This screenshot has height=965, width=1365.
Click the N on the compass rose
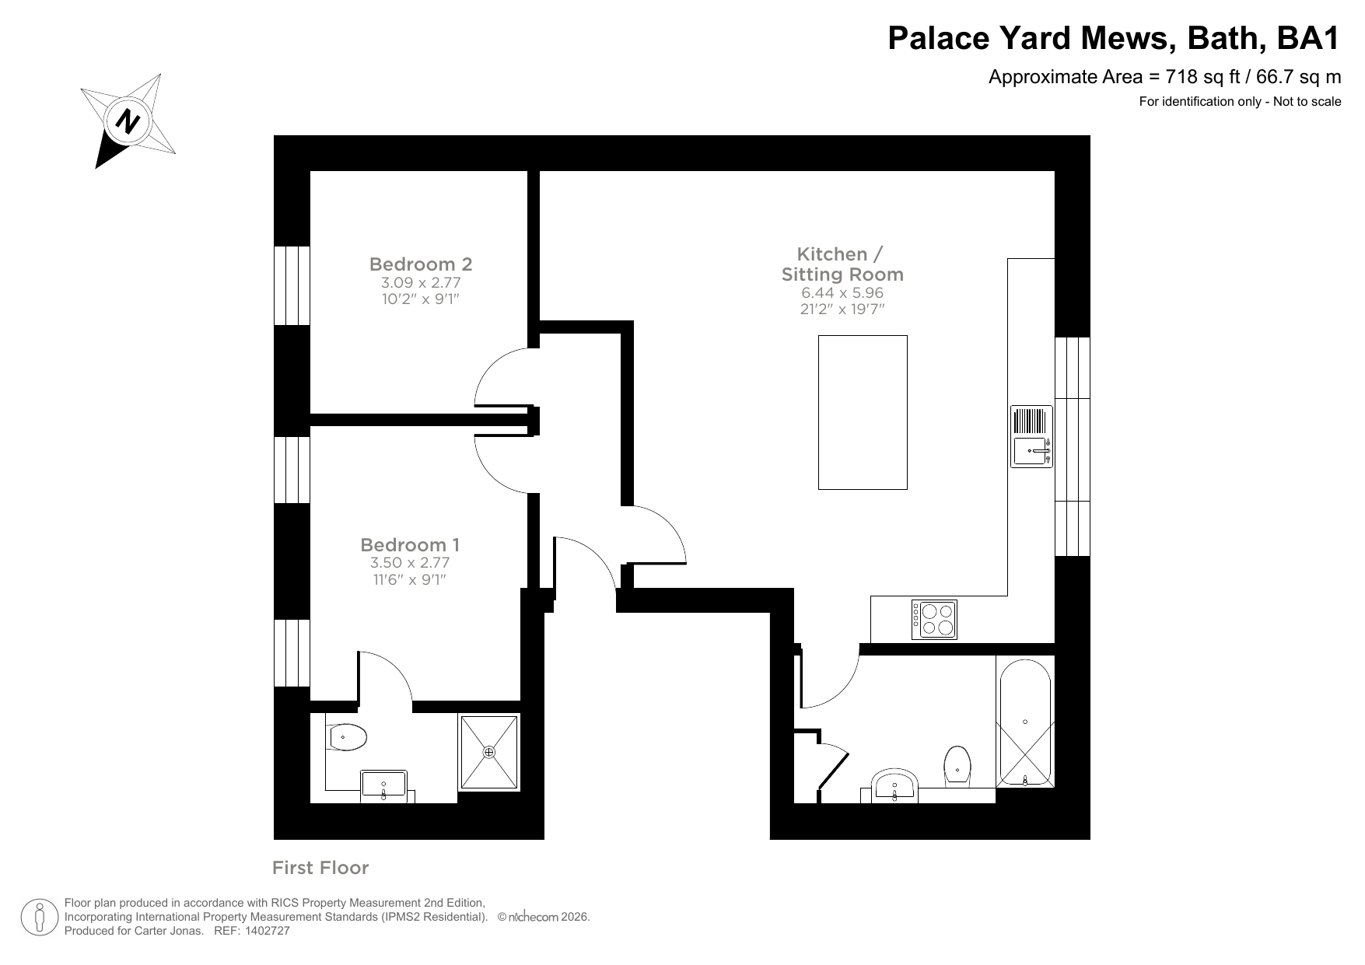click(127, 121)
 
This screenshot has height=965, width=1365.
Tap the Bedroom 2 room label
click(421, 264)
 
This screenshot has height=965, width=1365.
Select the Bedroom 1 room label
click(410, 544)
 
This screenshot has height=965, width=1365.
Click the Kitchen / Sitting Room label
click(842, 264)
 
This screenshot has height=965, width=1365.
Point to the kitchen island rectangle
click(863, 412)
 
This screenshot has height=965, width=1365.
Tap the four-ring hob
click(934, 620)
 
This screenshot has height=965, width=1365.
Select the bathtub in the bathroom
click(1025, 722)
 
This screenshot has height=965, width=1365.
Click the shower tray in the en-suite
click(489, 752)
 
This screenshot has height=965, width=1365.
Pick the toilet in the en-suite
click(347, 737)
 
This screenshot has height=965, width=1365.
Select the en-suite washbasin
click(383, 784)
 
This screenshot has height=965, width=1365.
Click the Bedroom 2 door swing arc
click(494, 373)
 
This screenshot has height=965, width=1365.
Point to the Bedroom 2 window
click(292, 285)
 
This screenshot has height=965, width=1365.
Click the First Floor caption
click(320, 868)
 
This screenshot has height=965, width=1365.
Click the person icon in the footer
click(39, 918)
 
